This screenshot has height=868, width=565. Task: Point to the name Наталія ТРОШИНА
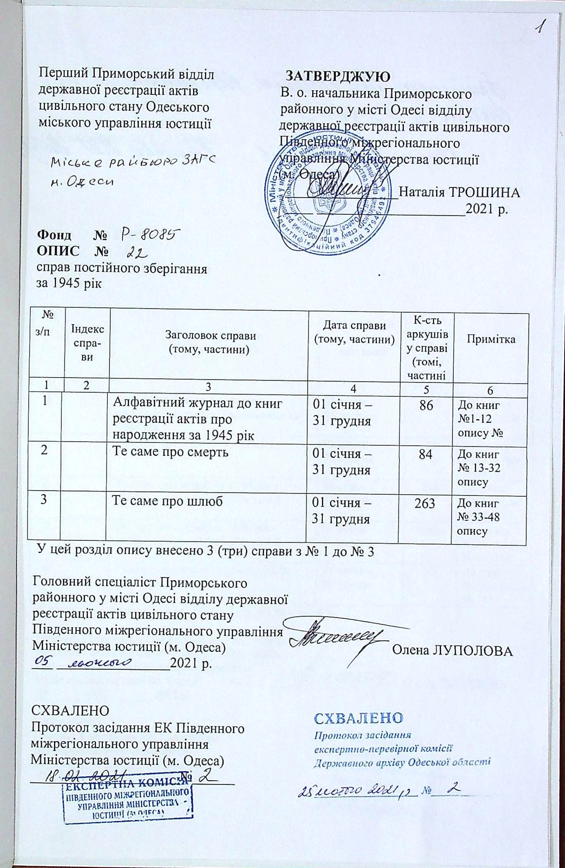pyautogui.click(x=459, y=192)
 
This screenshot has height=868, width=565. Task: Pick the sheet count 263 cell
pyautogui.click(x=425, y=503)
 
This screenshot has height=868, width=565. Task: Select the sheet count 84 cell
pyautogui.click(x=426, y=455)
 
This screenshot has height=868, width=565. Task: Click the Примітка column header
pyautogui.click(x=491, y=339)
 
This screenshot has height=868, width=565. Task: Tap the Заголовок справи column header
pyautogui.click(x=210, y=342)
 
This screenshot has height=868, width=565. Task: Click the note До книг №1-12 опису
pyautogui.click(x=480, y=419)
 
